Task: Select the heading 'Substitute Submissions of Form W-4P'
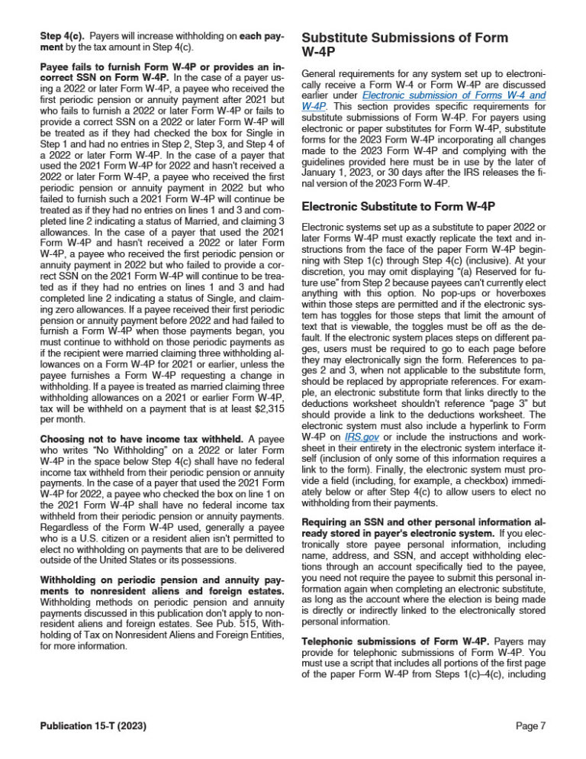point(405,44)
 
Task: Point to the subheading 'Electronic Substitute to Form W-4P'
point(398,206)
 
